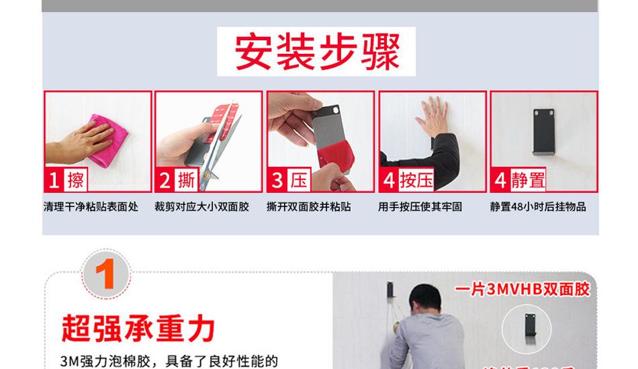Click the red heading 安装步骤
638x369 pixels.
pos(316,52)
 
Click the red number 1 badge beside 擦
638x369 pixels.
pos(54,180)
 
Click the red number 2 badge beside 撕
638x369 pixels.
pos(165,180)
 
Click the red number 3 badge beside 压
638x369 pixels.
pos(277,180)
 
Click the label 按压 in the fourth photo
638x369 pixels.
pos(416,180)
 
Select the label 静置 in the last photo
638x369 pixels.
pos(528,180)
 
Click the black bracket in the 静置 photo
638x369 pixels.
pos(544,131)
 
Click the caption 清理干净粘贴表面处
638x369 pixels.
pos(91,207)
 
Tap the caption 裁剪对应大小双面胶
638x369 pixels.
pos(201,207)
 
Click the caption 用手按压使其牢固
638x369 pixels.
pos(420,207)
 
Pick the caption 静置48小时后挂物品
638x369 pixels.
pos(537,207)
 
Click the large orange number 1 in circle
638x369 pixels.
pos(105,275)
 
